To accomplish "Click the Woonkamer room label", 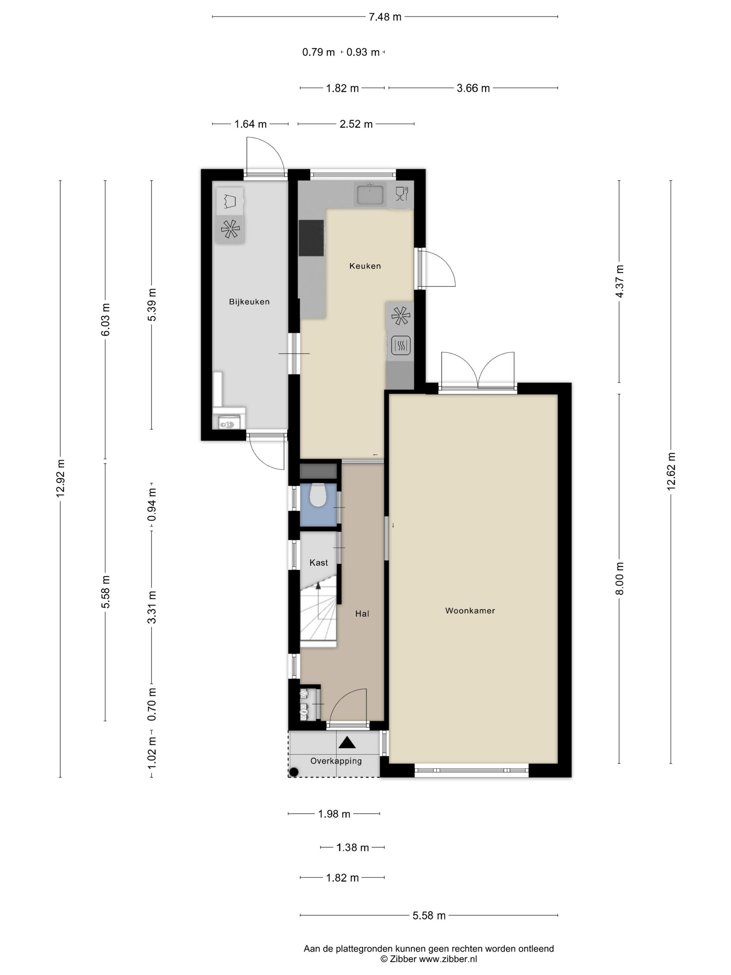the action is [x=470, y=611].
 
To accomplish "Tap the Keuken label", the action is [x=365, y=266].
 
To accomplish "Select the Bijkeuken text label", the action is [x=249, y=302].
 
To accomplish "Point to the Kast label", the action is [x=319, y=562].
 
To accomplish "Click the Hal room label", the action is [x=362, y=614].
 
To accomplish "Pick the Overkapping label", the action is [x=336, y=761].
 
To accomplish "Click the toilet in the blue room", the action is [x=317, y=495].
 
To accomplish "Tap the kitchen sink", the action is [x=370, y=194].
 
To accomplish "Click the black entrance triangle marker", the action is [x=347, y=743].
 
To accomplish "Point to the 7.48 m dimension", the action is [x=385, y=17].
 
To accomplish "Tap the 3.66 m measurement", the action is [x=473, y=88].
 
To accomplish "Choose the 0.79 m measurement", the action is [x=318, y=53].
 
